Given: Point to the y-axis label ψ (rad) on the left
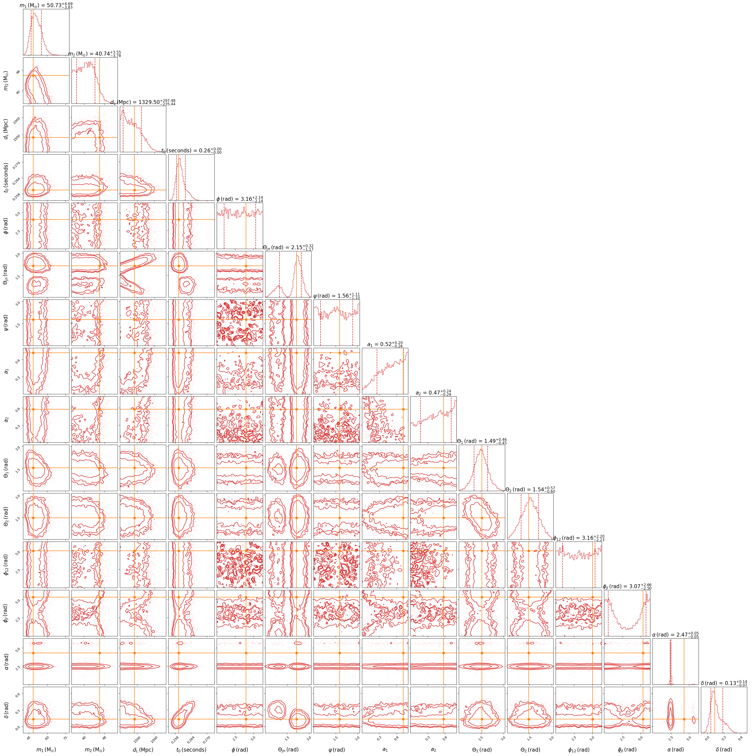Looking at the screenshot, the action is click(x=6, y=323).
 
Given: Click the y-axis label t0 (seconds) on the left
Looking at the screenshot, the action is click(x=6, y=177).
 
